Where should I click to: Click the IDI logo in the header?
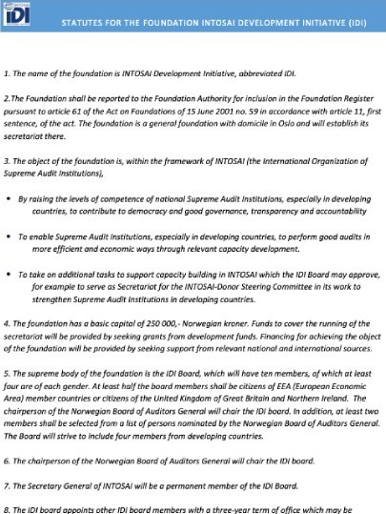(x=18, y=15)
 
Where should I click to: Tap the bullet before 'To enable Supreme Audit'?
(x=9, y=235)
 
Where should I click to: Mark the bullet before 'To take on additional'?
(x=9, y=273)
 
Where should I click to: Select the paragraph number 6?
(x=7, y=460)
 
